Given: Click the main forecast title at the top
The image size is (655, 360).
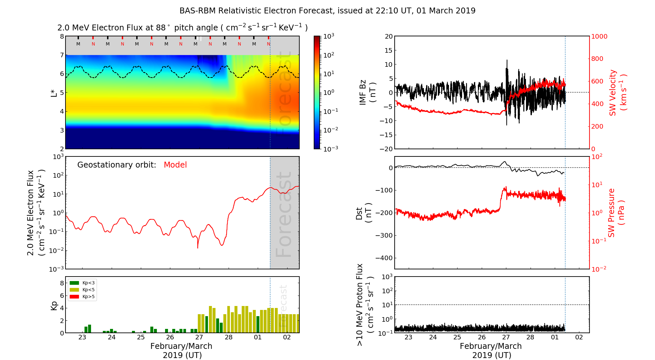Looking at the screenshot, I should coord(327,11).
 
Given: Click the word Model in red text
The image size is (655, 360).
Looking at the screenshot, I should coord(175,165).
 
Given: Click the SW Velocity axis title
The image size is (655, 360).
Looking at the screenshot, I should coord(618,93).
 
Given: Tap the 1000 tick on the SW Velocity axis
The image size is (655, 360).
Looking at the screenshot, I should coord(599,36).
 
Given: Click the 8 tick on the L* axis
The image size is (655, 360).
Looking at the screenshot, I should coord(62,36).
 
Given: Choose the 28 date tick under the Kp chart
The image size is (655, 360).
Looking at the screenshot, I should coord(229,337).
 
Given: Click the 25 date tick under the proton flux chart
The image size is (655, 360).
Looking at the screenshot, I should coord(457,337).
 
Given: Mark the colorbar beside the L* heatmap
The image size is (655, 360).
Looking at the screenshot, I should coord(317,92).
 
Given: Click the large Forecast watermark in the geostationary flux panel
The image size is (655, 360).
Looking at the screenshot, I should coord(284,214).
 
